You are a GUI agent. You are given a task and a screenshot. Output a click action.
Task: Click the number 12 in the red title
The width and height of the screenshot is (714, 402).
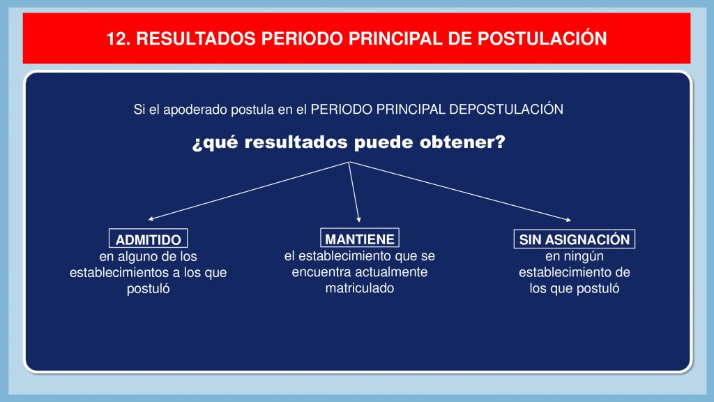click(x=116, y=39)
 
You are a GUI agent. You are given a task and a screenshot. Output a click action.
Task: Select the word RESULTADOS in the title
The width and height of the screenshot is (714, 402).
click(x=196, y=39)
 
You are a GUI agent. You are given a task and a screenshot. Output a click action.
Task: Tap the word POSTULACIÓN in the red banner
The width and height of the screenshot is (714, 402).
click(x=542, y=38)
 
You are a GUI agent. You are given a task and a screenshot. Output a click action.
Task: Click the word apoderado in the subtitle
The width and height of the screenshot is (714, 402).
click(x=196, y=110)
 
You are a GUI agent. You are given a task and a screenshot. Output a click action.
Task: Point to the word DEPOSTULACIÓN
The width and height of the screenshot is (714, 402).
click(x=506, y=109)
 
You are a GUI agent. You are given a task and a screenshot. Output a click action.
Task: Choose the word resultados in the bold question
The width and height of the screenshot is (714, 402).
click(x=296, y=142)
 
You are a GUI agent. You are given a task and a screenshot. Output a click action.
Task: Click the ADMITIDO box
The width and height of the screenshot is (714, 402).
click(x=148, y=239)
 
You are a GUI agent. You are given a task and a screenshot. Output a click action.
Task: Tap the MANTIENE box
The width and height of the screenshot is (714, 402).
click(x=360, y=238)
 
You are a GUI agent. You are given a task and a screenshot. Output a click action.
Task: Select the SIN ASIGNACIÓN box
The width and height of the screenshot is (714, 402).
click(x=575, y=239)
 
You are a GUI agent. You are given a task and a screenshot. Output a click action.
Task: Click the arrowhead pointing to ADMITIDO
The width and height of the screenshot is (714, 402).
click(x=151, y=218)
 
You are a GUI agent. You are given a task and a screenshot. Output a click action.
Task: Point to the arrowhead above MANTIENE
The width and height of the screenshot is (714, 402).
click(x=359, y=220)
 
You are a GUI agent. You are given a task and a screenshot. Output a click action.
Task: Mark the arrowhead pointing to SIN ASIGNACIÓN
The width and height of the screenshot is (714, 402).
click(x=569, y=220)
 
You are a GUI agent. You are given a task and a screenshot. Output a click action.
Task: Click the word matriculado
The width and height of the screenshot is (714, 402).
click(x=360, y=288)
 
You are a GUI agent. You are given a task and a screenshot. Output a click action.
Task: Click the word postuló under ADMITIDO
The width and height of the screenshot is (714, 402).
click(x=148, y=289)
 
